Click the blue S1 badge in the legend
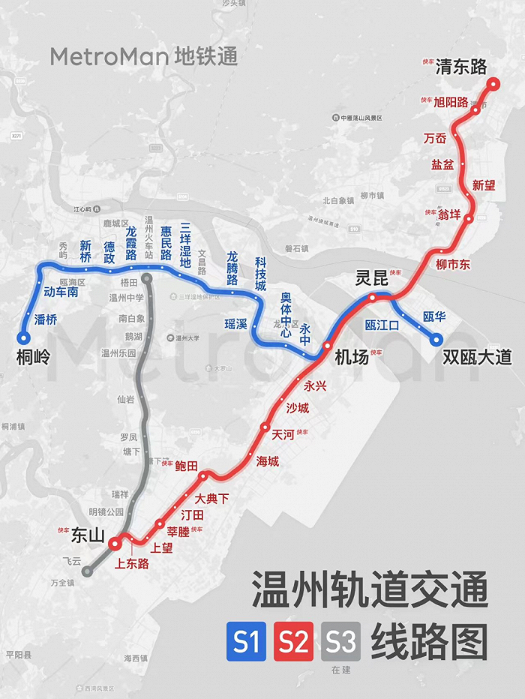[x=246, y=642]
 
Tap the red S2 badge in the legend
[x=293, y=642]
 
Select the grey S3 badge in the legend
[x=340, y=642]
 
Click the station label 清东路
[x=461, y=67]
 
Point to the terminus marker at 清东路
[x=493, y=84]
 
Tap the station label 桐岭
[x=33, y=357]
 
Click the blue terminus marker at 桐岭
[x=22, y=338]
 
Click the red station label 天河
[x=283, y=434]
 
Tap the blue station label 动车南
[x=61, y=292]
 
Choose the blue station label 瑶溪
[x=235, y=324]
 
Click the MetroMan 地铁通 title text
[x=144, y=56]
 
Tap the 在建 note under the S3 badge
[x=340, y=670]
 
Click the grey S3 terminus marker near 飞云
[x=88, y=571]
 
